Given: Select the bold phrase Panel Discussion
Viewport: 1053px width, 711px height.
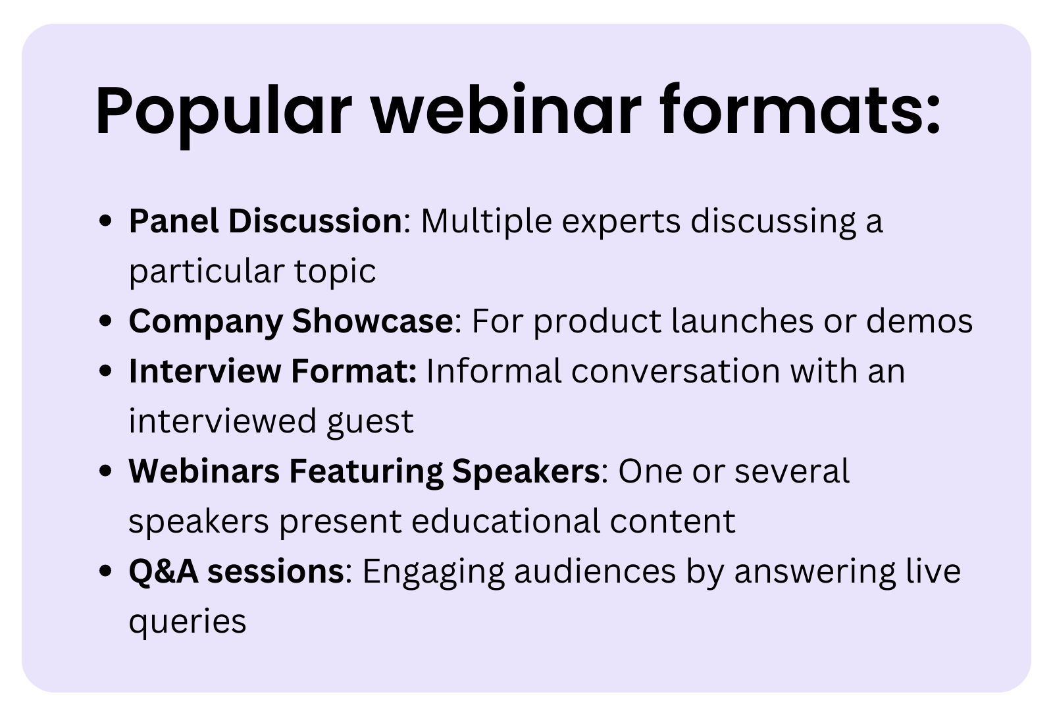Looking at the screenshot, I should [x=265, y=221].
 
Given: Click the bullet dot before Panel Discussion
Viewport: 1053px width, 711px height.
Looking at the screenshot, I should [x=104, y=221].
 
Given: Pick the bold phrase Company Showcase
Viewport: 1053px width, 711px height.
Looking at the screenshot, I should [x=290, y=321].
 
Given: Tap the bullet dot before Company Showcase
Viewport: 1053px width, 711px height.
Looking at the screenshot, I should [x=104, y=321].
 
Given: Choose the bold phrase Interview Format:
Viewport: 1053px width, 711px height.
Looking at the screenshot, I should [x=272, y=371].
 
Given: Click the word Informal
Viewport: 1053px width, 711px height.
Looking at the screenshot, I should [x=494, y=371].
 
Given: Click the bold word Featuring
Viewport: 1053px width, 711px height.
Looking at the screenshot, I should [x=366, y=471].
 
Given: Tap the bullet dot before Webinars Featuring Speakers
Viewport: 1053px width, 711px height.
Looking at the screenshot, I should [x=104, y=471].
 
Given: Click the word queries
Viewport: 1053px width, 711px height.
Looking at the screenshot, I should [x=187, y=621].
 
